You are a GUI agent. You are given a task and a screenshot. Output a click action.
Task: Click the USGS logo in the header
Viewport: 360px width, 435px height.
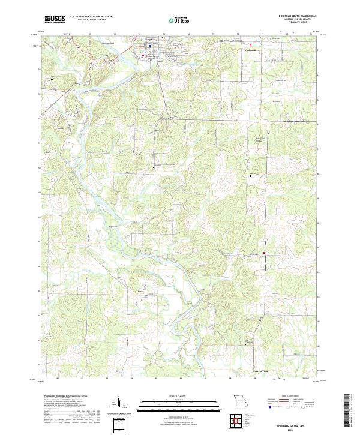point(55,19)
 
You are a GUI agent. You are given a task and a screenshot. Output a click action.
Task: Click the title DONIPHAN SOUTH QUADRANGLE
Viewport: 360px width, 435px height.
point(293,16)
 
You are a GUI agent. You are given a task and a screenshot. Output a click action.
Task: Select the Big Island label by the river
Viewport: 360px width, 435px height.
point(112,226)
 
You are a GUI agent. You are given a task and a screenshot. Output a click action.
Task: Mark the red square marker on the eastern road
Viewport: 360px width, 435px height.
point(264,253)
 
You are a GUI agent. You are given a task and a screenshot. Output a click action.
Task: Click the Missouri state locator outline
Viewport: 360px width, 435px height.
point(240,401)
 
